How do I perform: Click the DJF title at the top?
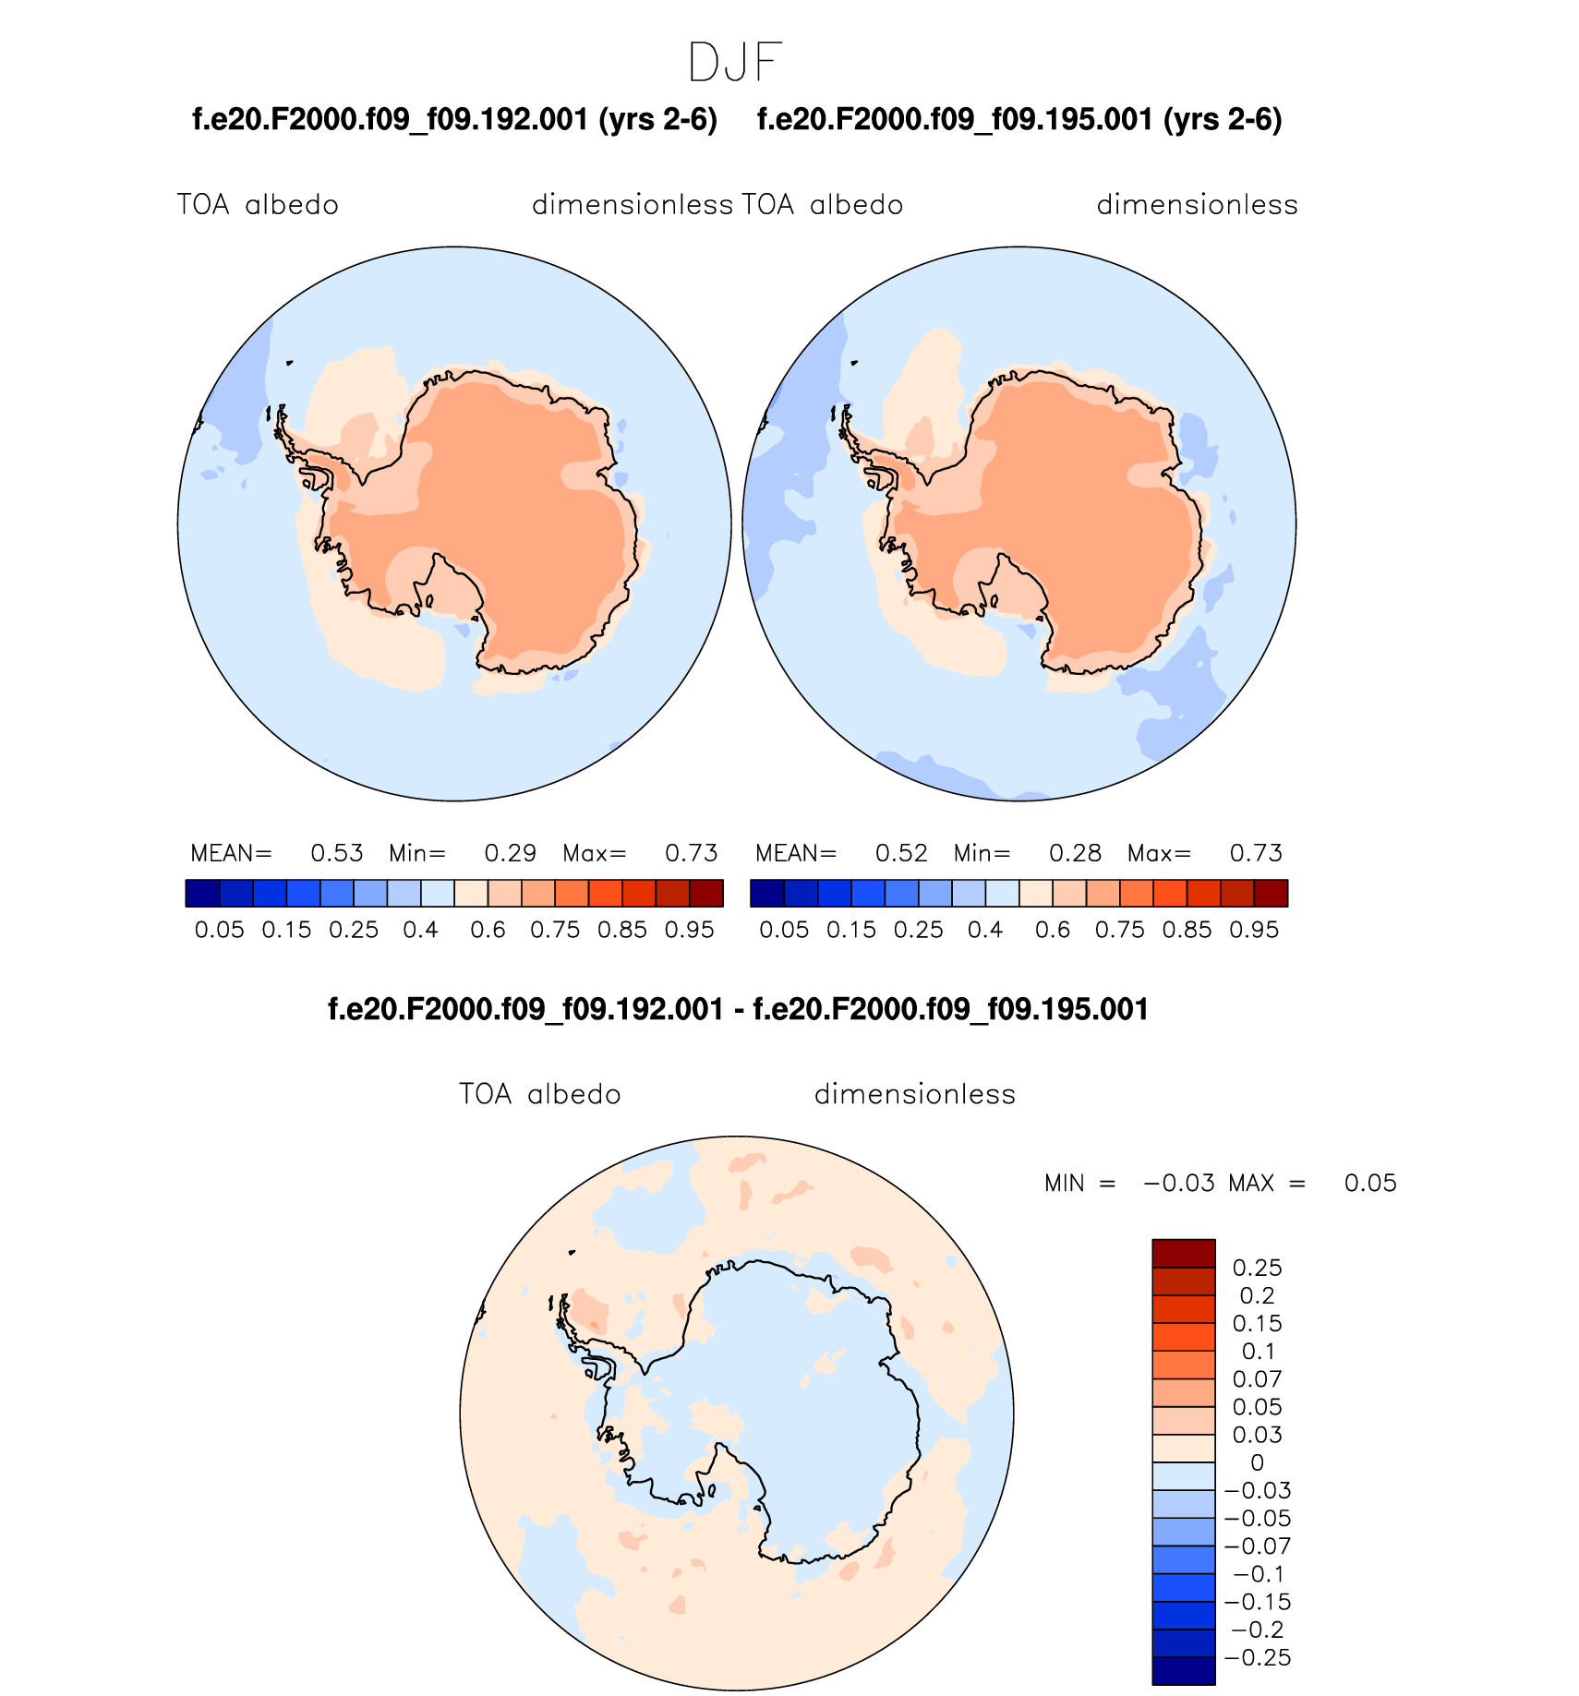point(735,63)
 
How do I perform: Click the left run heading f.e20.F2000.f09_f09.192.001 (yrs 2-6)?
point(454,120)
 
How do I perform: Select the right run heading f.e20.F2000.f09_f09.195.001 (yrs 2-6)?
point(1019,120)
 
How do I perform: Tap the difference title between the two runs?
point(738,1009)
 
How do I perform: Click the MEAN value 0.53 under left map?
point(337,853)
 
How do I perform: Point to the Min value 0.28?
point(1076,853)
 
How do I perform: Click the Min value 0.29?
point(511,853)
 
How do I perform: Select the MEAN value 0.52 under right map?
point(901,853)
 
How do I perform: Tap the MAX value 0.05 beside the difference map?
point(1370,1184)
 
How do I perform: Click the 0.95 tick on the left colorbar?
point(690,930)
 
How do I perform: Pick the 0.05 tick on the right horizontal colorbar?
point(784,930)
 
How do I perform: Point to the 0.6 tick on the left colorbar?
point(488,930)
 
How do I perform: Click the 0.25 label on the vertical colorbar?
point(1258,1268)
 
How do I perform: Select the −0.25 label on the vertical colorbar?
point(1258,1657)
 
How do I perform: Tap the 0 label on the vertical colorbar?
point(1258,1462)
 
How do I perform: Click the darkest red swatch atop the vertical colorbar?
point(1184,1253)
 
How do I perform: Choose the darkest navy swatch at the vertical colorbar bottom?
point(1184,1671)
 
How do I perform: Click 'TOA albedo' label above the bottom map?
point(540,1095)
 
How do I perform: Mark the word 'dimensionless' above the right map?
point(1198,205)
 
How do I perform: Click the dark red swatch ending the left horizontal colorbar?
point(706,894)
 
